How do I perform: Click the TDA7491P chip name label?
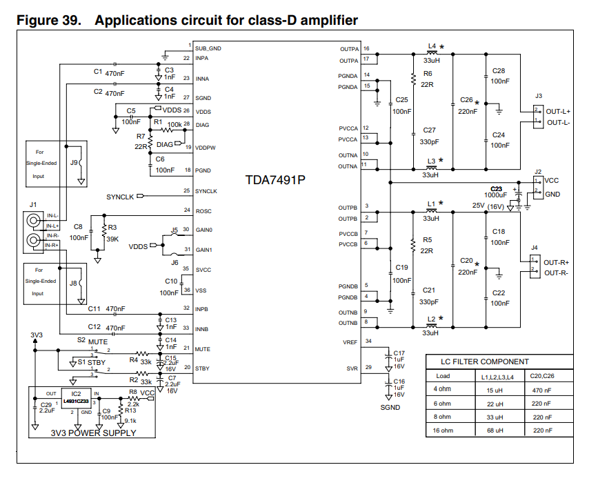pos(275,180)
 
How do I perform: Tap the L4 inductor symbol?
pos(432,53)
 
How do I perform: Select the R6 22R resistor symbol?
pos(413,79)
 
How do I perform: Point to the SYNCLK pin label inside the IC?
pos(206,191)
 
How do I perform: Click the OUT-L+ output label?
pos(558,112)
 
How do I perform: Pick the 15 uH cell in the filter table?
pos(495,390)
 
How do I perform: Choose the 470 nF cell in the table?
pos(541,390)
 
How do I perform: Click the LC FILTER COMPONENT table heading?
pos(485,362)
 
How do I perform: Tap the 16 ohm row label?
pos(443,430)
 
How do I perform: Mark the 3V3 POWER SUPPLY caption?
pos(93,433)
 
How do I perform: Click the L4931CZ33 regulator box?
pos(77,398)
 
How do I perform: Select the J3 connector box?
pos(538,117)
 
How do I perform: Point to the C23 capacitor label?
pos(496,189)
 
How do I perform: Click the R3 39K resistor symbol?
pos(104,231)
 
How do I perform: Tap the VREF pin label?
pos(350,342)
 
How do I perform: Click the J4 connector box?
pos(535,267)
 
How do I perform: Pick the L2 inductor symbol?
pos(431,326)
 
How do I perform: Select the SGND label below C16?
pos(390,408)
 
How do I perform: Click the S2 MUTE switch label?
pos(92,341)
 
